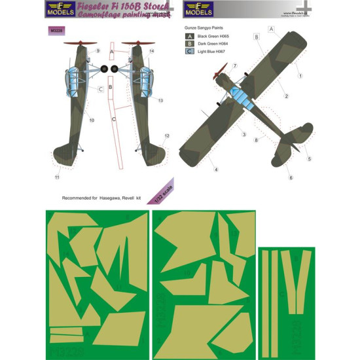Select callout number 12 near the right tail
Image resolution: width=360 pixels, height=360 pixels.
pyautogui.click(x=167, y=135)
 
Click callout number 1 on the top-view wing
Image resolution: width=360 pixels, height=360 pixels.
pyautogui.click(x=300, y=75)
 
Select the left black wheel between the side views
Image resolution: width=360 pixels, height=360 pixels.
pyautogui.click(x=99, y=68)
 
